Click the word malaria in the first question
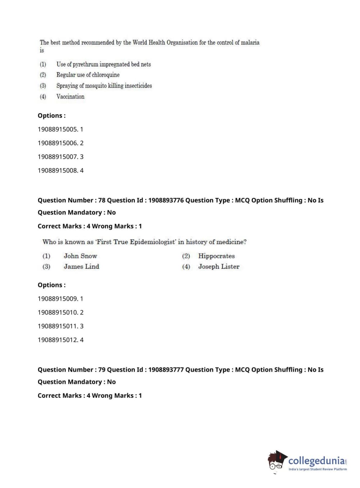point(250,42)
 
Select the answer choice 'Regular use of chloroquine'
point(88,75)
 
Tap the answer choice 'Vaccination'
point(70,96)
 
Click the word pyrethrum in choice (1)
point(85,64)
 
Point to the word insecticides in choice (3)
point(138,86)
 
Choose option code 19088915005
point(58,129)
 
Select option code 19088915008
point(58,171)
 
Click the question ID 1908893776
point(166,200)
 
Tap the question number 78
point(102,200)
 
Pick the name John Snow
point(80,256)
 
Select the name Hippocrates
point(216,256)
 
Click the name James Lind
point(81,267)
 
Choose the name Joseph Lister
point(219,267)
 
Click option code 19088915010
point(58,312)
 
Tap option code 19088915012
point(58,340)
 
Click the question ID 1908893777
point(166,370)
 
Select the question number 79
point(102,370)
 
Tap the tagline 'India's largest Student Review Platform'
point(318,469)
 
